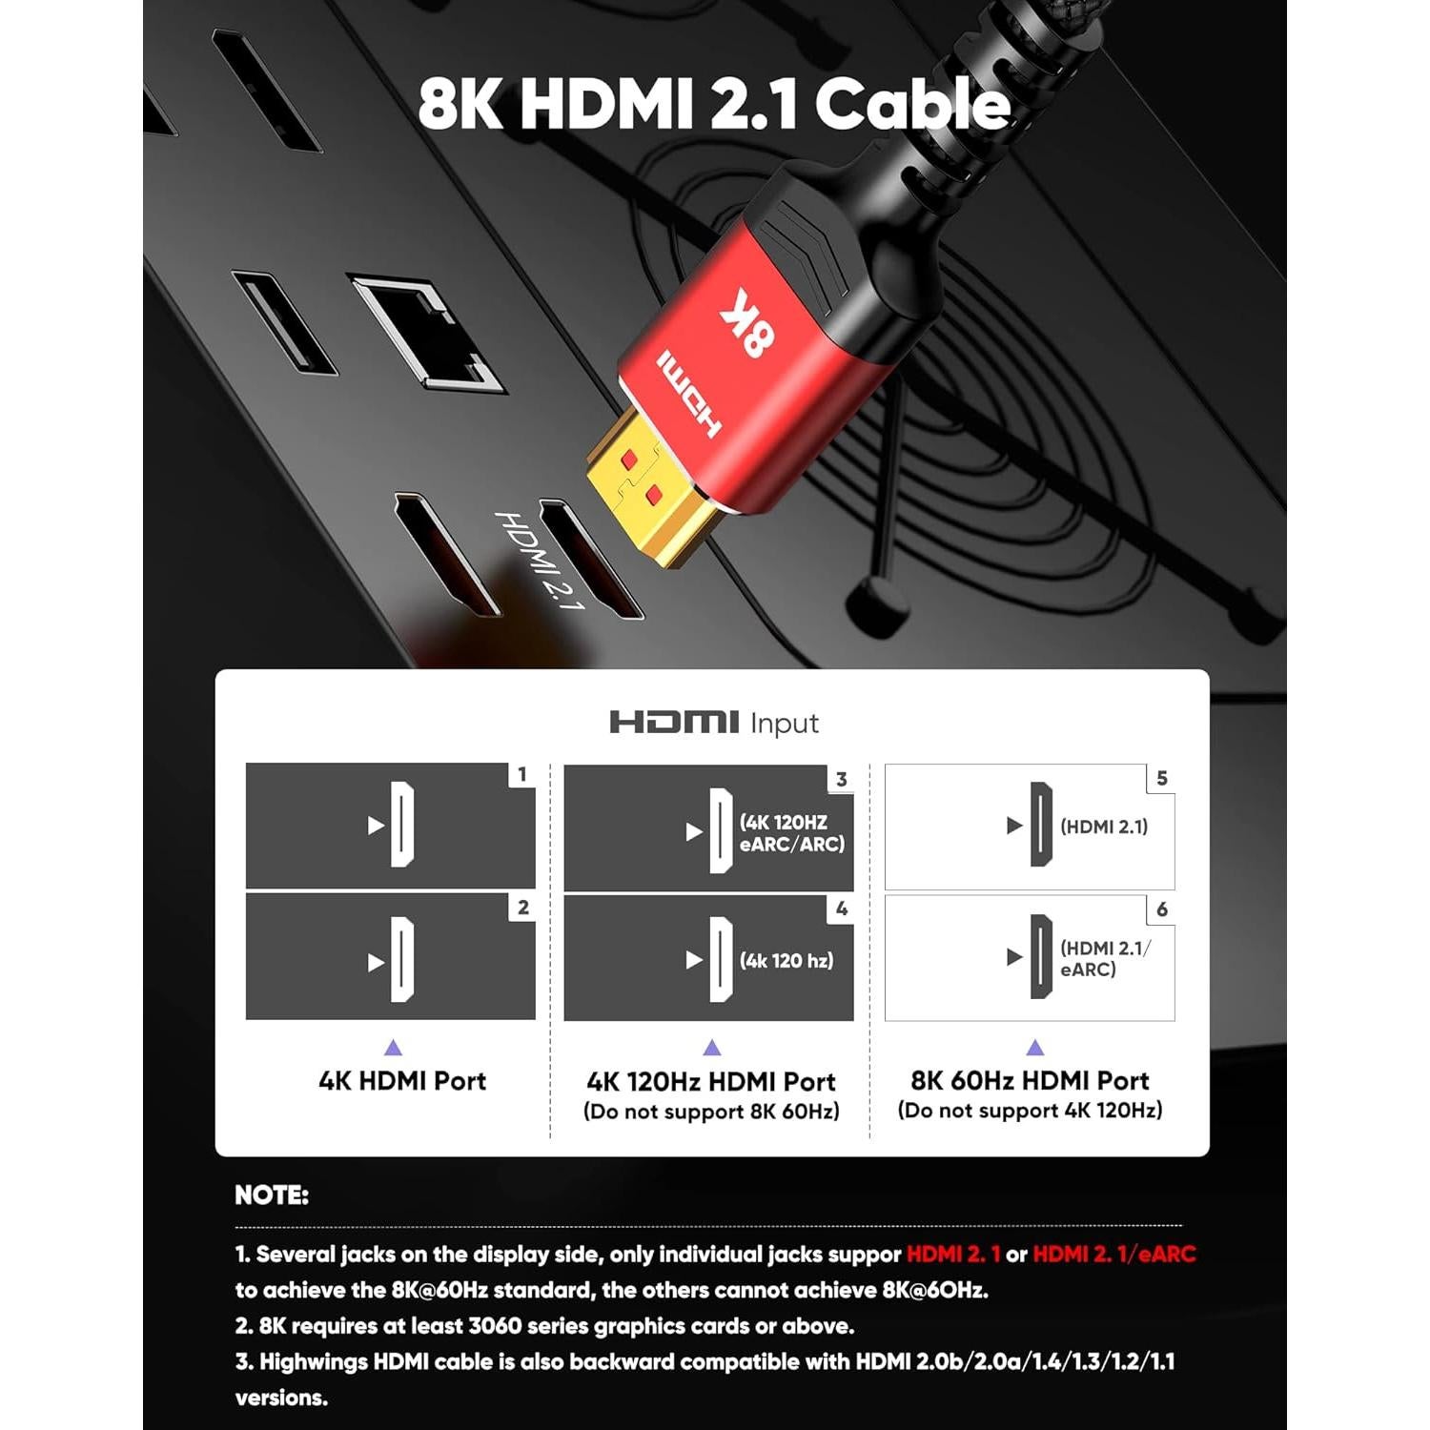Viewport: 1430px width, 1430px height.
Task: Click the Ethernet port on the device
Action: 426,333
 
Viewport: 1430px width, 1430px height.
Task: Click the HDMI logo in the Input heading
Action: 674,722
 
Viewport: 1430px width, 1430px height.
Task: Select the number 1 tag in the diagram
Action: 521,775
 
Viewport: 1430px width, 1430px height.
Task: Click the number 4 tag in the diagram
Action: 841,909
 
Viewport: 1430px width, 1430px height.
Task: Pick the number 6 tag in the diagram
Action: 1161,909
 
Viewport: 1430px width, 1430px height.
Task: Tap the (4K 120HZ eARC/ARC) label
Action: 791,832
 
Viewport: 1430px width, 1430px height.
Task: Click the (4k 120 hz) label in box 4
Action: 786,961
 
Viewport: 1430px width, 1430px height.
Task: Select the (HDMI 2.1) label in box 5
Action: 1104,827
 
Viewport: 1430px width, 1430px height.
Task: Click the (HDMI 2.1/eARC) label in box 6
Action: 1104,958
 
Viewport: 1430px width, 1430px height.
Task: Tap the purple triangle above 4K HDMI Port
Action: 393,1048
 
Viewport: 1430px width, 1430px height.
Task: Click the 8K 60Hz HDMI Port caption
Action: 1030,1080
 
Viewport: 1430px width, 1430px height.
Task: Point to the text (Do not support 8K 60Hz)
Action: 711,1112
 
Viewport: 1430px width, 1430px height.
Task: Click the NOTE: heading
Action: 272,1195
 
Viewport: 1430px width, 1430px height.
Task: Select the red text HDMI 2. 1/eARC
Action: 1113,1254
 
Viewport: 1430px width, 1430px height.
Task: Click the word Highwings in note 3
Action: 314,1361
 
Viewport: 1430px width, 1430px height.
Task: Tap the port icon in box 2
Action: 402,960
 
